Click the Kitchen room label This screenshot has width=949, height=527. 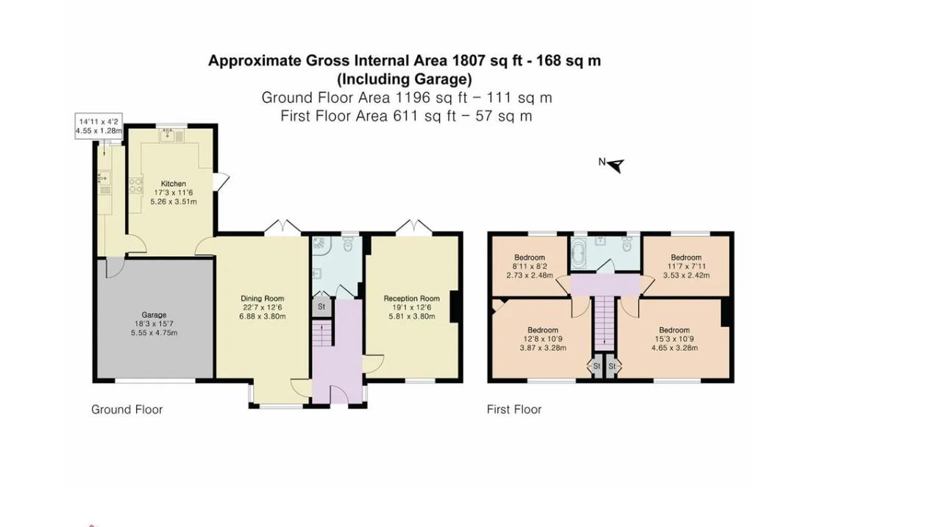click(x=174, y=184)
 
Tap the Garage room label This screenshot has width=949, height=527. click(x=154, y=315)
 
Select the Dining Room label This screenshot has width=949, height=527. click(x=262, y=298)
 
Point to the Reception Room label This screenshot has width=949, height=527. click(x=411, y=298)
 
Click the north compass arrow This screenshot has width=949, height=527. click(x=614, y=165)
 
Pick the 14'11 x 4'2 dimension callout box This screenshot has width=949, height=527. click(x=99, y=126)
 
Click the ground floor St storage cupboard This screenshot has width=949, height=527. click(x=321, y=306)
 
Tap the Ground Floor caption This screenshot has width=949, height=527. click(x=127, y=409)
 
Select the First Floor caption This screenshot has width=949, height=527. click(x=513, y=409)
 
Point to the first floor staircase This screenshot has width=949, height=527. click(x=603, y=322)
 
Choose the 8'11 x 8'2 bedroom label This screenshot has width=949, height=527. click(x=529, y=258)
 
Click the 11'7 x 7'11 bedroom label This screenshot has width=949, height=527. click(x=686, y=258)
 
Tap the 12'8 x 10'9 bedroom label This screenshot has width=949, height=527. click(x=542, y=330)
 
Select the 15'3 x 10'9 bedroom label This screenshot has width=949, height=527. click(x=674, y=330)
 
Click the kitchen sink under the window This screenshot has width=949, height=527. click(x=168, y=136)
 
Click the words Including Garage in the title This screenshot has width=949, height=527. click(x=404, y=79)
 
